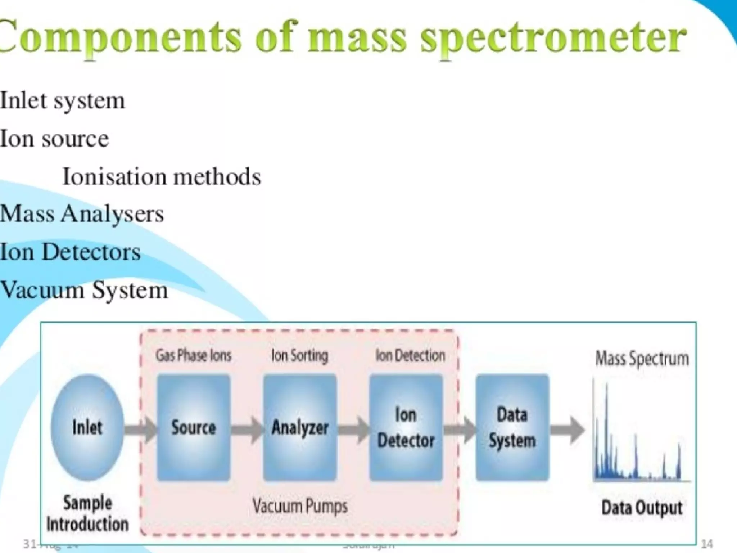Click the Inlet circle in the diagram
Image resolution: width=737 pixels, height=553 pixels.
[87, 427]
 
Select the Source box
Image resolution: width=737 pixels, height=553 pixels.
[194, 427]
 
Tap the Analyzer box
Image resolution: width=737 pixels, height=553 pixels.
[300, 427]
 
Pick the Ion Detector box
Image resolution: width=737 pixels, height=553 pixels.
[406, 427]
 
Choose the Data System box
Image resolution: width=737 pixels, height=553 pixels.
[512, 427]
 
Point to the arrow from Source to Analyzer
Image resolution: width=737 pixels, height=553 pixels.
[247, 429]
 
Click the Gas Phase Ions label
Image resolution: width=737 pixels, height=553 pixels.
[193, 356]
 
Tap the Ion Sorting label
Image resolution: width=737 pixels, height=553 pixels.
[300, 356]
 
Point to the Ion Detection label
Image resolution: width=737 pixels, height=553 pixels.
[410, 356]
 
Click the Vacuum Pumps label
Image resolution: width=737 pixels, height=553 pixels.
[300, 506]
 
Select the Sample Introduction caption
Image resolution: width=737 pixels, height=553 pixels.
[87, 513]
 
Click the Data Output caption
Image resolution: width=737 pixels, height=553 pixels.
[642, 508]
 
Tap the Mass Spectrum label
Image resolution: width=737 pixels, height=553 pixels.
[642, 359]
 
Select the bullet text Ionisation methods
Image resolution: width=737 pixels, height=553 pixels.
[162, 177]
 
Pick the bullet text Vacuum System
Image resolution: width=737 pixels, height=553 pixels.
[84, 290]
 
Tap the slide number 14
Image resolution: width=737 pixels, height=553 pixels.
[707, 543]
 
